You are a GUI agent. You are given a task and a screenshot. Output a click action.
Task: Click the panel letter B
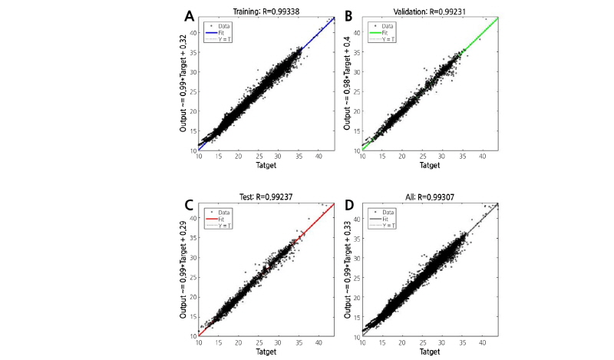[348, 15]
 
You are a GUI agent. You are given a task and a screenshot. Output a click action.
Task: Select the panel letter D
[348, 205]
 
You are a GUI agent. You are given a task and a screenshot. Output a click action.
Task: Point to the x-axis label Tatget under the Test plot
[268, 352]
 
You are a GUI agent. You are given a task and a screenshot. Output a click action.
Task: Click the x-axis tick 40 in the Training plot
[319, 157]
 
